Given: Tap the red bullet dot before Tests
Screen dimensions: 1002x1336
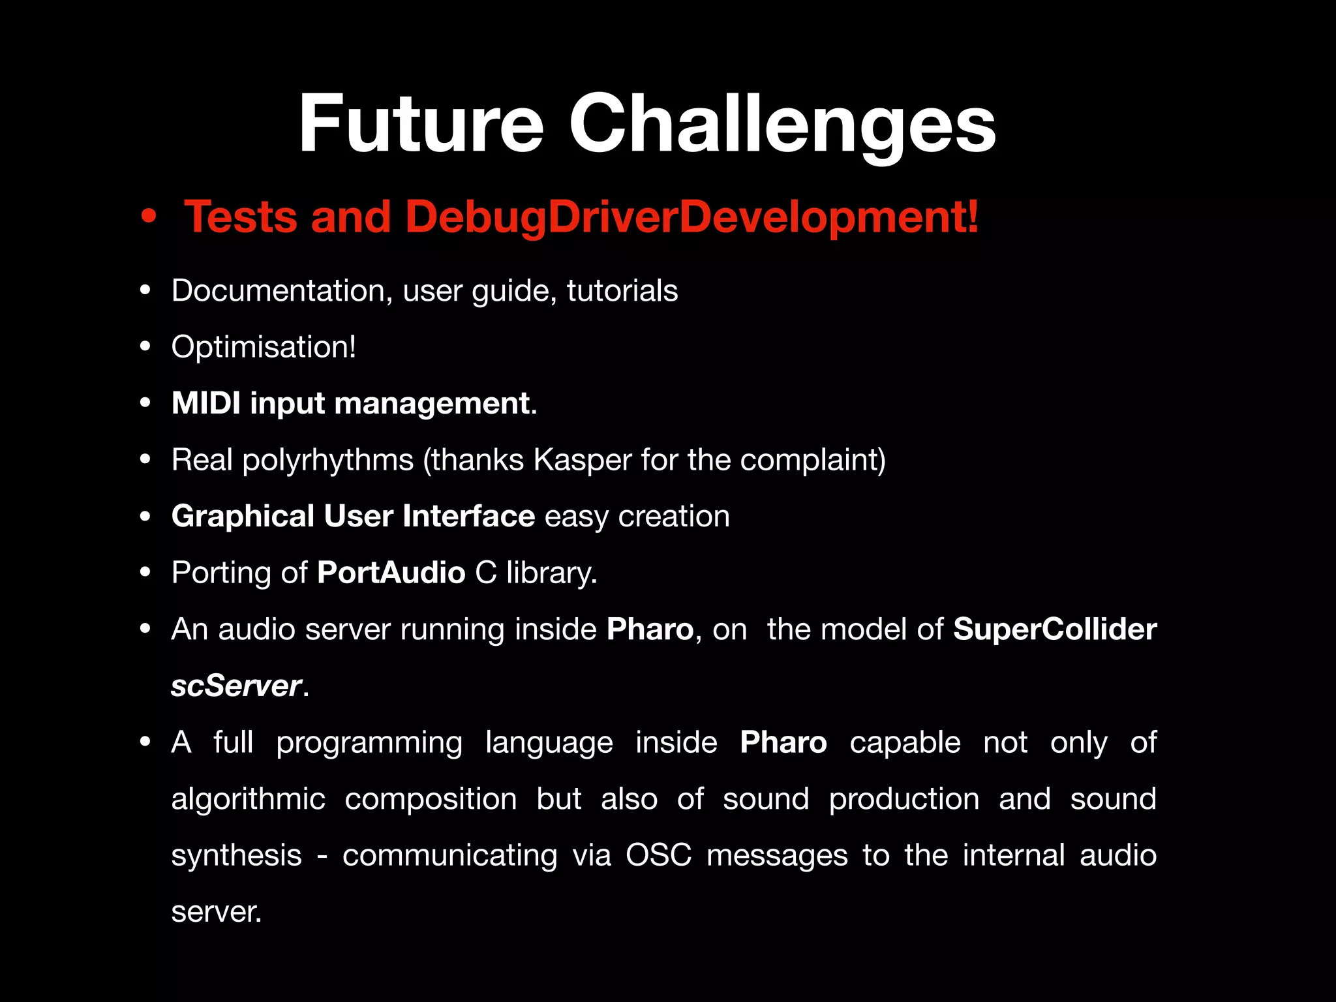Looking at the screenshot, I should pos(149,217).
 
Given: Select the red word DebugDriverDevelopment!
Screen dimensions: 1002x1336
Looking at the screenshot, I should pos(691,217).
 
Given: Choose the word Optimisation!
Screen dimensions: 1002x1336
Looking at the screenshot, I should pos(264,347).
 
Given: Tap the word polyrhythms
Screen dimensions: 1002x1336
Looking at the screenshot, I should pos(328,461).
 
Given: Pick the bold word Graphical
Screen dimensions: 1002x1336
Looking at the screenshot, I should pos(243,516).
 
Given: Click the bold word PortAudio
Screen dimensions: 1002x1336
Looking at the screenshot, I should pos(391,573).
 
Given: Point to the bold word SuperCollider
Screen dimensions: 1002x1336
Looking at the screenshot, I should pos(1054,630).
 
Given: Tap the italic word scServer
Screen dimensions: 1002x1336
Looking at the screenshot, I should pos(235,686).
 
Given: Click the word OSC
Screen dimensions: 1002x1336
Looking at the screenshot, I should pos(658,855).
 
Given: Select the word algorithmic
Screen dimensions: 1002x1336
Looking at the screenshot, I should pos(248,799).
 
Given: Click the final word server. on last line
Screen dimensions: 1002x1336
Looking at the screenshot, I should pos(216,912).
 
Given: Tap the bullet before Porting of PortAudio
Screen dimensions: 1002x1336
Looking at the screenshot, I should pos(145,573).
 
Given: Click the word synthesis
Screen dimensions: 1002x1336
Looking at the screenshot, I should pos(236,855).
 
